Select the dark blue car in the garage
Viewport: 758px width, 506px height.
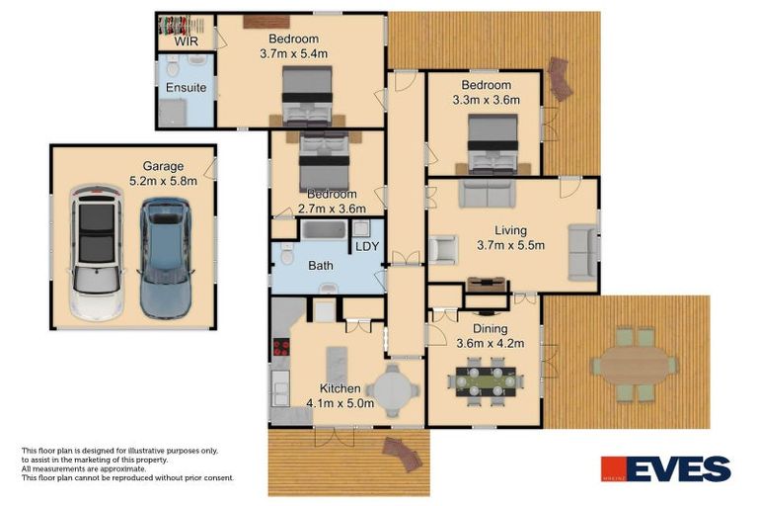pyautogui.click(x=164, y=257)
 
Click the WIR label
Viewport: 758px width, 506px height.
pyautogui.click(x=187, y=42)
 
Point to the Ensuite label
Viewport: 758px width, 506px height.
pyautogui.click(x=186, y=88)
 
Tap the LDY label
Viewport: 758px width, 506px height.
pyautogui.click(x=366, y=246)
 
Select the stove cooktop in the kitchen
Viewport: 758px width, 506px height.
pyautogui.click(x=279, y=349)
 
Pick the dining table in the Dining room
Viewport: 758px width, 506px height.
pyautogui.click(x=483, y=379)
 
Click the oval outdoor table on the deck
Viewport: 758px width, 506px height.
pyautogui.click(x=635, y=365)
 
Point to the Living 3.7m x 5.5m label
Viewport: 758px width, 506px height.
pyautogui.click(x=510, y=238)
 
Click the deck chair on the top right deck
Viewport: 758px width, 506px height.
pyautogui.click(x=560, y=79)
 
